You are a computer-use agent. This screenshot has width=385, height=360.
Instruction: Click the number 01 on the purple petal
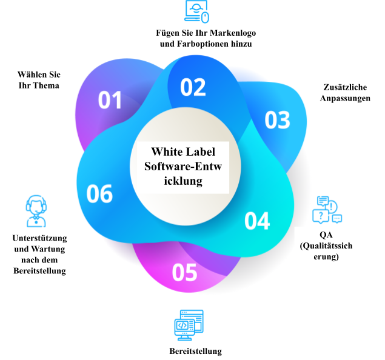110,100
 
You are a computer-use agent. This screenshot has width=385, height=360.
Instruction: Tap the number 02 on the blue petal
193,87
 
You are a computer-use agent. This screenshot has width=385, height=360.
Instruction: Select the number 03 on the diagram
278,120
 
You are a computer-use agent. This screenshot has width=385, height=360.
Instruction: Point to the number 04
257,221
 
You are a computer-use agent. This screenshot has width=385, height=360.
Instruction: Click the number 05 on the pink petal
185,273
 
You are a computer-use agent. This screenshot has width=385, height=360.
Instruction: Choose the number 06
99,194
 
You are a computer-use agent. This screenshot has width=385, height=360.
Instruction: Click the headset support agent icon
36,211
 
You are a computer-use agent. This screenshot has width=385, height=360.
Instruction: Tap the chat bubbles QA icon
327,210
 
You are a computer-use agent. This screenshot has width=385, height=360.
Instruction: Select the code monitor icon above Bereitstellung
189,325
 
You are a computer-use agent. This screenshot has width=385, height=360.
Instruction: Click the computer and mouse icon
196,12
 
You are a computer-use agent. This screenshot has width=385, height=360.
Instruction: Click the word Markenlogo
233,33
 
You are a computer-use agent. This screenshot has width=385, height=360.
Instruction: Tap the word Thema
46,85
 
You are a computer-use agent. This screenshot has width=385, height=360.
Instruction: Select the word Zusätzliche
345,87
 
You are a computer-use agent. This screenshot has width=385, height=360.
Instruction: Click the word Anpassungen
345,98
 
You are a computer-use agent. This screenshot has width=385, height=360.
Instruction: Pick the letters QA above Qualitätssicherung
326,235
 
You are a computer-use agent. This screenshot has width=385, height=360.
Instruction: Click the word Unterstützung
40,238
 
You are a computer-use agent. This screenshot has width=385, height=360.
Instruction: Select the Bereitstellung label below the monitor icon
196,351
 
